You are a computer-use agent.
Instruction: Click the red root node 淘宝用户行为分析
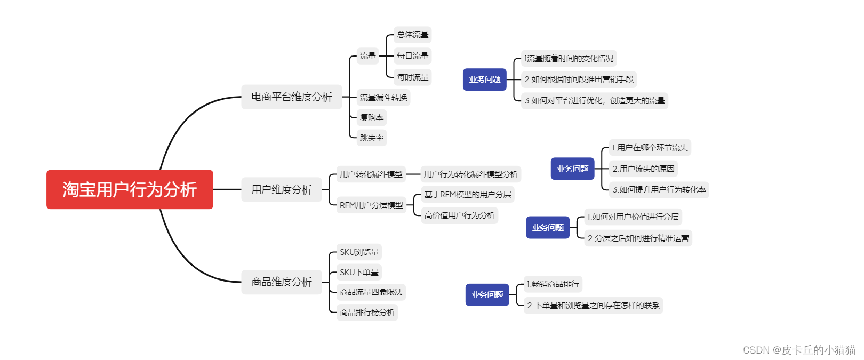[130, 189]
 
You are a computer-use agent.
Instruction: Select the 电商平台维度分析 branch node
[291, 97]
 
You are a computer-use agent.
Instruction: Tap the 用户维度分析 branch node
[281, 189]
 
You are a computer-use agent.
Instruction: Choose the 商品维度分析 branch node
[281, 282]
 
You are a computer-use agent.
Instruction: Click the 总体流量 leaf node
[412, 35]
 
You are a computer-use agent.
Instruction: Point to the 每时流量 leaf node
[412, 77]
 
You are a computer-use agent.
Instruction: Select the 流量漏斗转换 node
[383, 98]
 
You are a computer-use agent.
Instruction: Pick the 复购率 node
[371, 118]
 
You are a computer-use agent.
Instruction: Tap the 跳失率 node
[371, 138]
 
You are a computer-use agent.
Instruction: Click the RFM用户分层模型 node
[371, 205]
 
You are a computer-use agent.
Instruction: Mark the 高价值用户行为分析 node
[459, 215]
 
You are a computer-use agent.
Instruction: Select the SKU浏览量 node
[359, 252]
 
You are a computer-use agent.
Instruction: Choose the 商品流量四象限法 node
[371, 292]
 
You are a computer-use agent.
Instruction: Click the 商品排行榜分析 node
[367, 313]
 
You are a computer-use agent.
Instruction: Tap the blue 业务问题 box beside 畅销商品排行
[487, 295]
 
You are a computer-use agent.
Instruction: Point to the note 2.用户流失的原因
[643, 169]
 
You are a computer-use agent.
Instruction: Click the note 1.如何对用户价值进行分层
[633, 217]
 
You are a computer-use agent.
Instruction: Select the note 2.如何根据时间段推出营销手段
[579, 79]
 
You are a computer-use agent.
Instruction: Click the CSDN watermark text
[798, 350]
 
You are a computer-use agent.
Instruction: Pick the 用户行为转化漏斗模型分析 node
[470, 174]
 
